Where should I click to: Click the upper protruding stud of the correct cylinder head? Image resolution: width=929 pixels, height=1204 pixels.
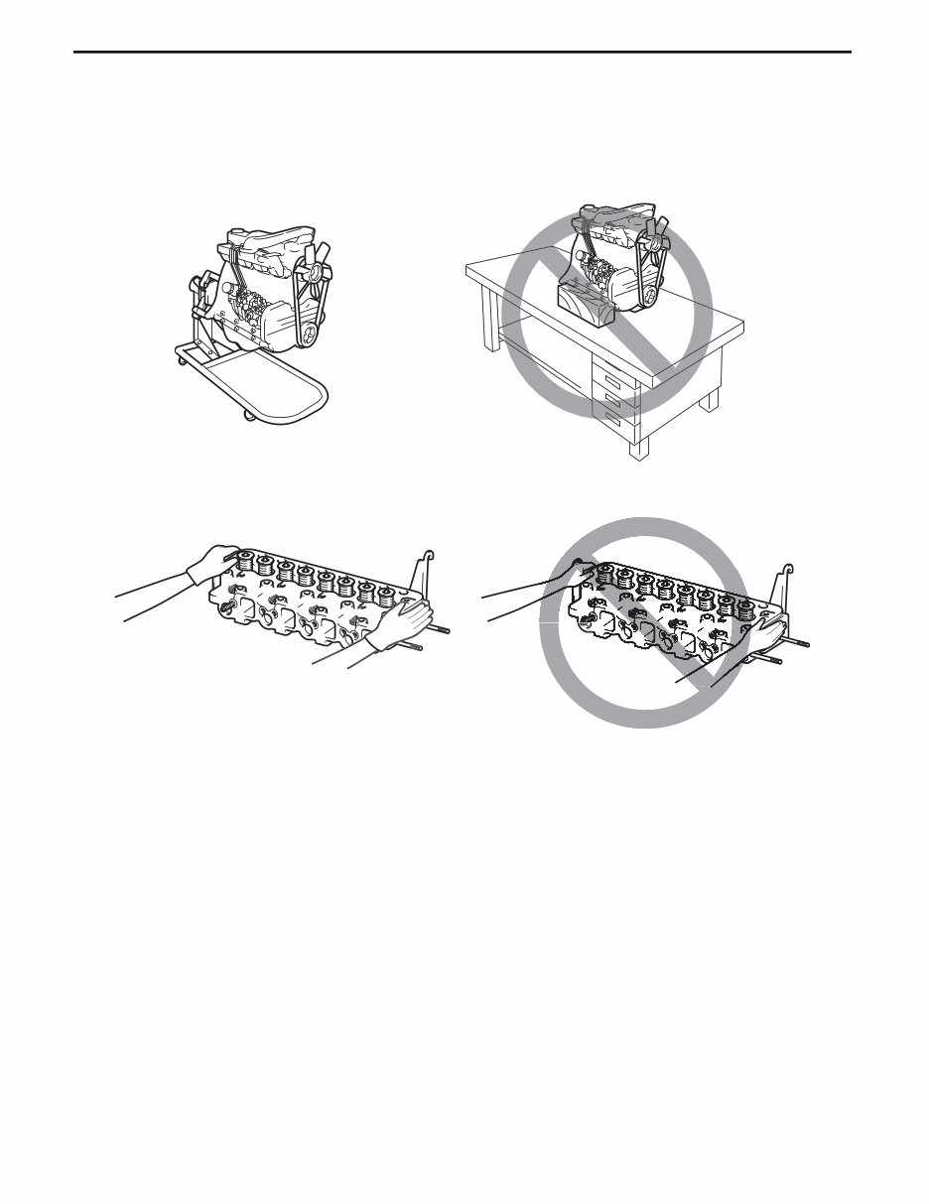point(443,628)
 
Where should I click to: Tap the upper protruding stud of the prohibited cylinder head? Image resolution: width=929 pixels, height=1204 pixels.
point(799,642)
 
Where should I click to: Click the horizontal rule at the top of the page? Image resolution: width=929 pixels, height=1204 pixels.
point(464,52)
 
